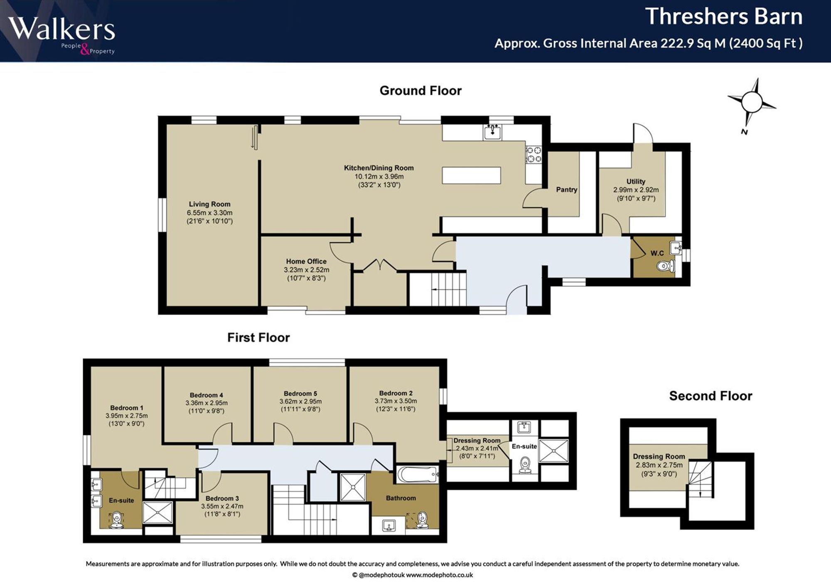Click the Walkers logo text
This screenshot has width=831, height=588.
click(61, 29)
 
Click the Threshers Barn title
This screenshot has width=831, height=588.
click(724, 17)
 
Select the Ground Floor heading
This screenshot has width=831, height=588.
click(420, 91)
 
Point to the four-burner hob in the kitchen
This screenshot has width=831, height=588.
click(534, 154)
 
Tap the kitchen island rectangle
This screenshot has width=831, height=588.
click(471, 175)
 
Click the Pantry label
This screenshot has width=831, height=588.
click(567, 189)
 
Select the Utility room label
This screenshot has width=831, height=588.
click(636, 182)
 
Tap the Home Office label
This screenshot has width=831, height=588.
click(306, 261)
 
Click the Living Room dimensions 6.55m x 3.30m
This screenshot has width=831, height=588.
click(209, 213)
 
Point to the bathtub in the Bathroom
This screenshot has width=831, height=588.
click(418, 474)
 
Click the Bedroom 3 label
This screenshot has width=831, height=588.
click(222, 498)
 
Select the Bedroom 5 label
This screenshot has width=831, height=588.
click(300, 394)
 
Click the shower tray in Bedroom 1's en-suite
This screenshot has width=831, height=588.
click(157, 512)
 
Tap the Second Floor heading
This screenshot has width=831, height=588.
click(711, 396)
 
